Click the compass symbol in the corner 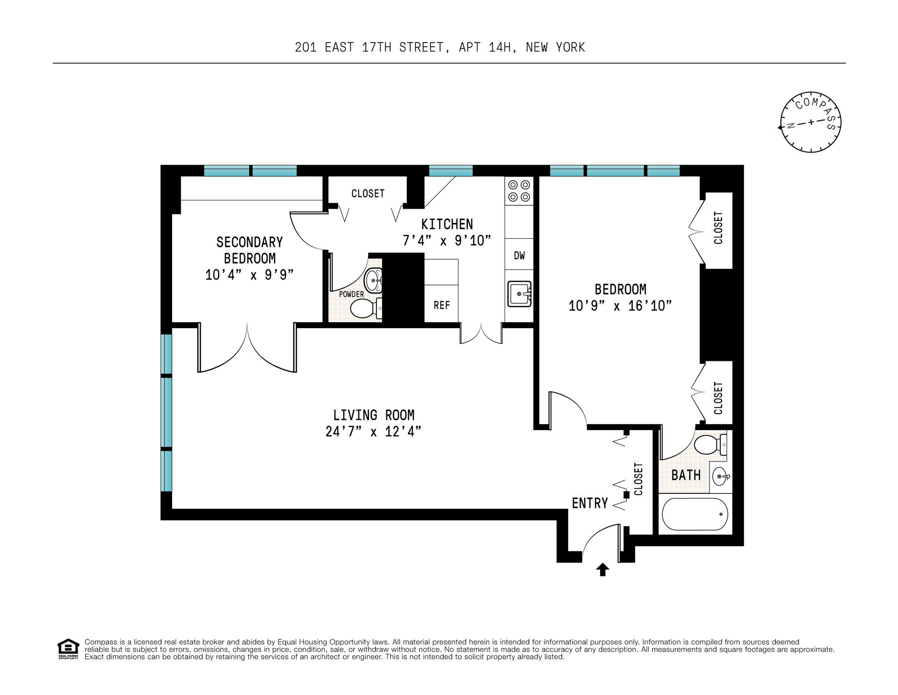pos(811,122)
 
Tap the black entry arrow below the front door pos(602,569)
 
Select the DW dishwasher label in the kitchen pos(519,256)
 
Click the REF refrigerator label pos(442,305)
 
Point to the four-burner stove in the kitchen pos(519,190)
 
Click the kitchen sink pos(520,293)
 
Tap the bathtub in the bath pos(695,514)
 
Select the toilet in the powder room pos(366,309)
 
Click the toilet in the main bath pos(710,444)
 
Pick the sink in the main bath pos(721,477)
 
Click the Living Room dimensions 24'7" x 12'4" pos(373,432)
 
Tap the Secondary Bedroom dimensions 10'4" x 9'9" pos(249,275)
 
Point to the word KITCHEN pos(447,224)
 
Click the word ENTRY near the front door pos(590,503)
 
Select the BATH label pos(686,475)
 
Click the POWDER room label pos(351,294)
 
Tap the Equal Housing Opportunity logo pos(68,649)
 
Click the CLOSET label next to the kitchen pos(368,193)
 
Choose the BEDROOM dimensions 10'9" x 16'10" pos(620,306)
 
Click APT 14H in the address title pos(485,47)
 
